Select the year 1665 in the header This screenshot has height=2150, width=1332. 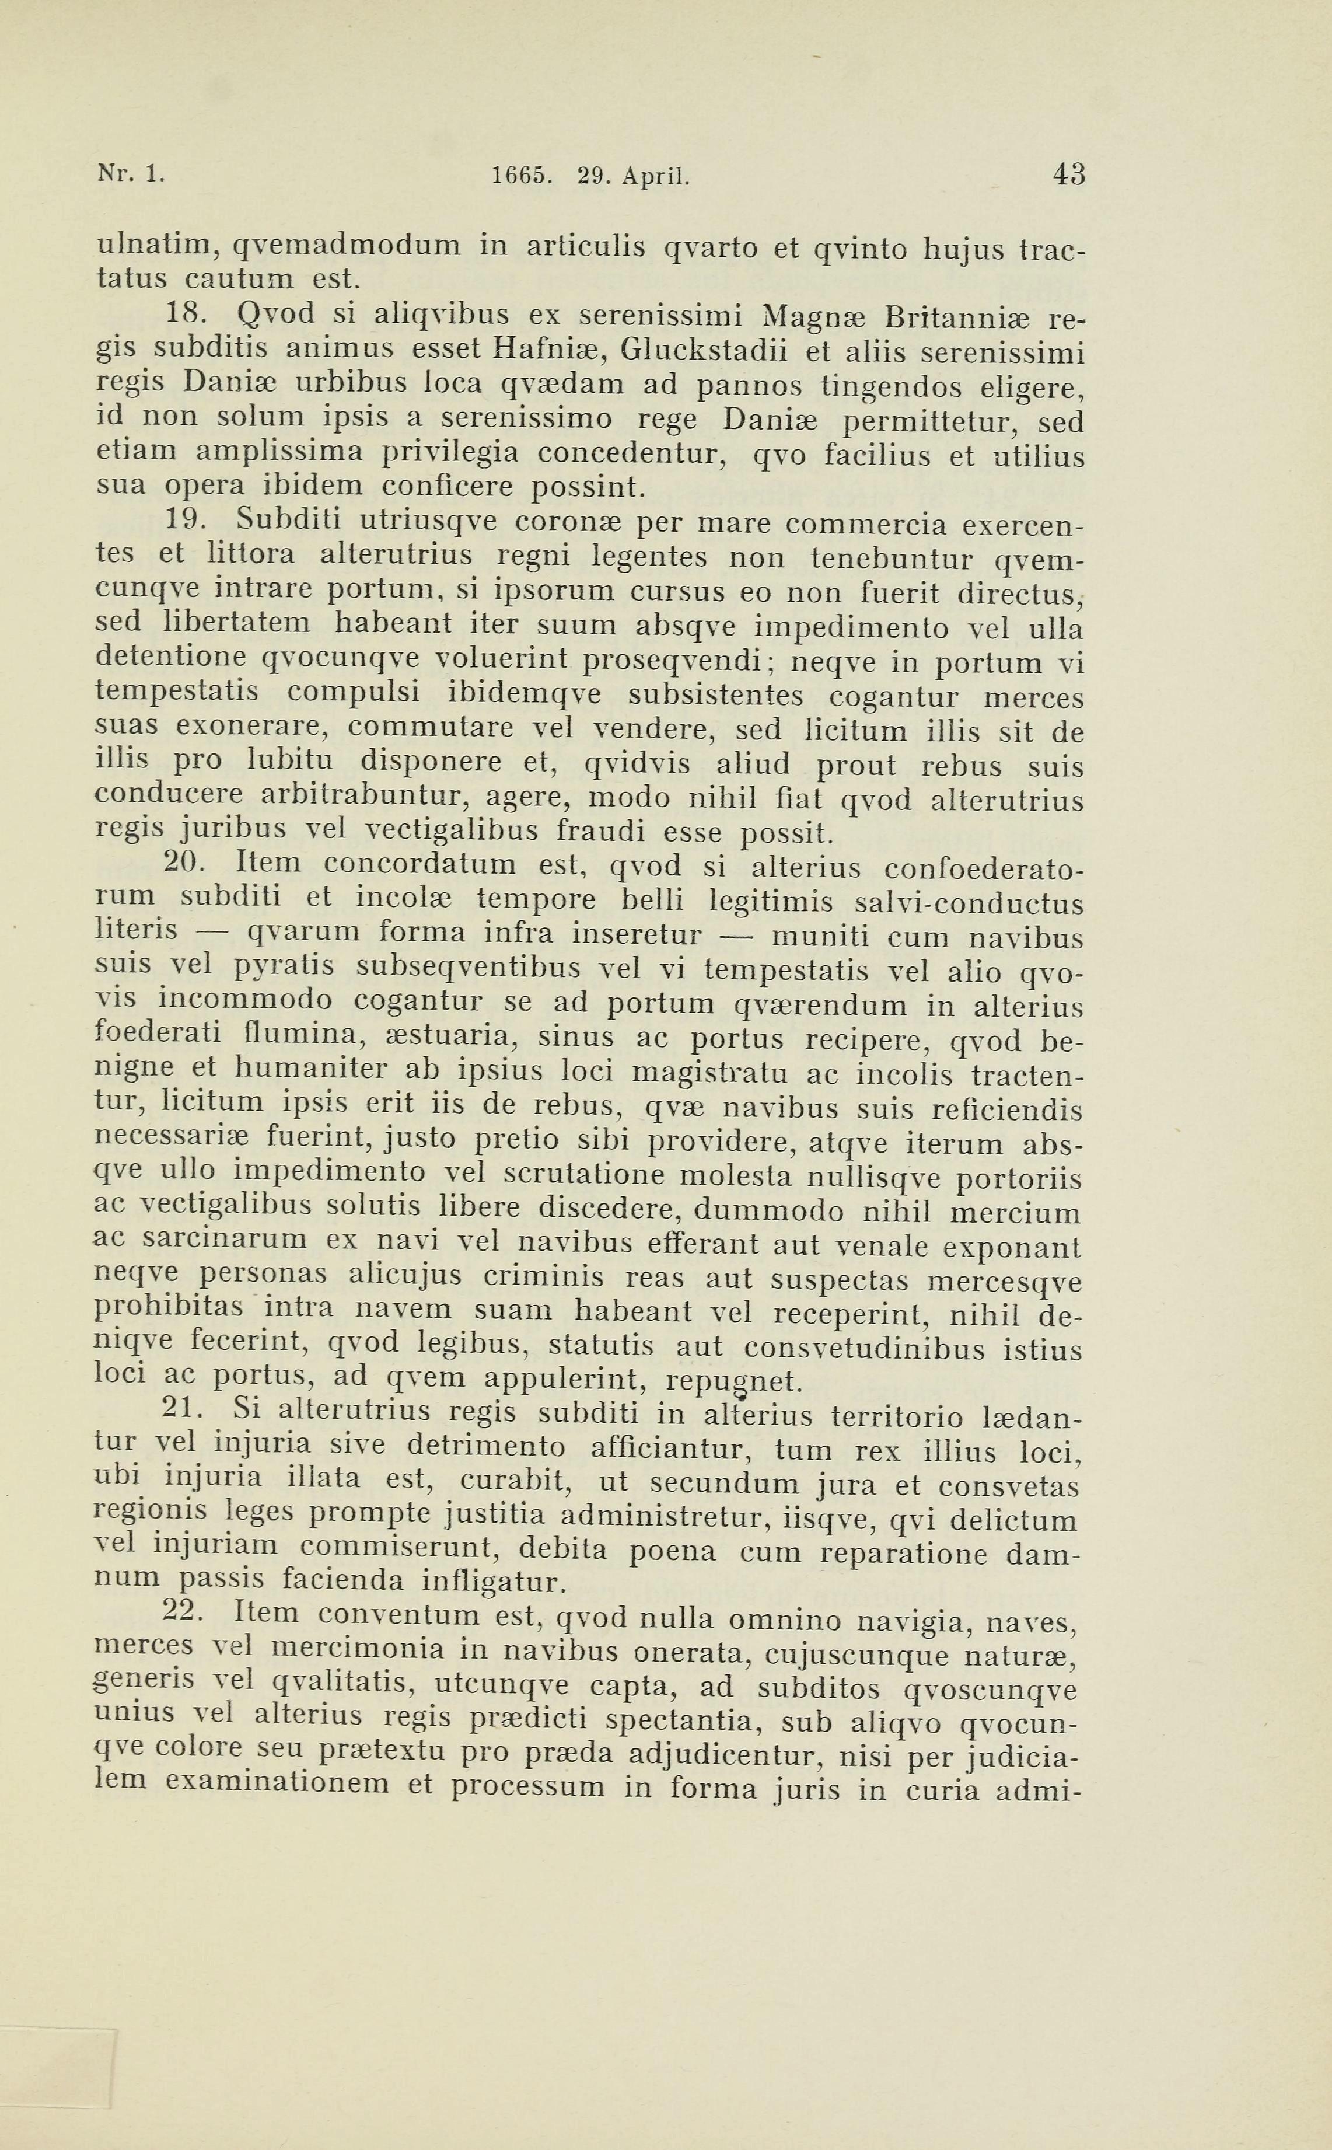[x=522, y=176]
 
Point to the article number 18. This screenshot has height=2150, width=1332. [x=186, y=314]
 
